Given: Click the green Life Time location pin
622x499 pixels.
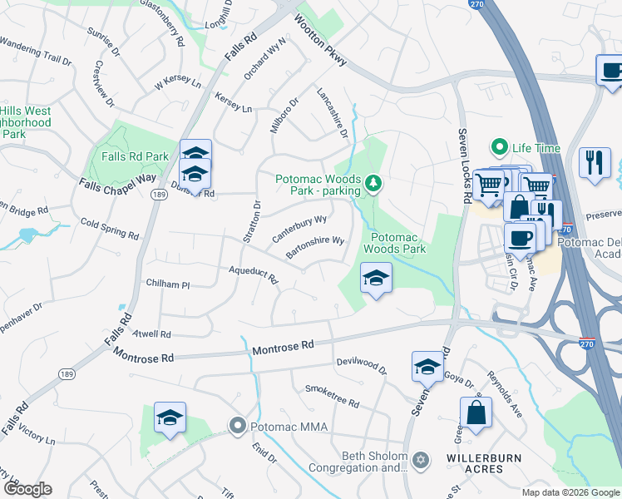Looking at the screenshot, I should pos(500,148).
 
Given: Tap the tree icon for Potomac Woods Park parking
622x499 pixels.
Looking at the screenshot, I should pos(373,182).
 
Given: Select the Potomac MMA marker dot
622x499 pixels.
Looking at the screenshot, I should pos(237,427).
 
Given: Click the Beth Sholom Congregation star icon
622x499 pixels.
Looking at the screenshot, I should pos(421,459).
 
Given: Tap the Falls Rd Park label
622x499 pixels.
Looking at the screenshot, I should pos(135,156).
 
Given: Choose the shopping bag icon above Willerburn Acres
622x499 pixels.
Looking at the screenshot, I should pos(476,413).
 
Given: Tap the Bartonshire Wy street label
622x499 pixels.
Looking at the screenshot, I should pos(315,247).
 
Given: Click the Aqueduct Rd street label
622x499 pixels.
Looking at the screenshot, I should pos(253,274).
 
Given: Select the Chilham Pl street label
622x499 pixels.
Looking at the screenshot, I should pos(167,284).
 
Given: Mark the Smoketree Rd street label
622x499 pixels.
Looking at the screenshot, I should pos(332,396).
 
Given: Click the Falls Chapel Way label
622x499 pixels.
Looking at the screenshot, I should pos(117,184).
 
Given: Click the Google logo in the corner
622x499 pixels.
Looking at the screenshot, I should pos(27,489).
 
